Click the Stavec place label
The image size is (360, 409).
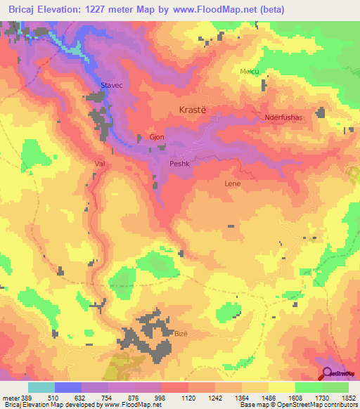click(112, 84)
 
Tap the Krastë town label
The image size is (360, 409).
click(192, 111)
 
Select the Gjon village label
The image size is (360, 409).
click(157, 137)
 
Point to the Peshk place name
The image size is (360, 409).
click(179, 164)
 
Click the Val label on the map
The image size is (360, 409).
click(99, 163)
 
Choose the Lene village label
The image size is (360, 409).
click(232, 183)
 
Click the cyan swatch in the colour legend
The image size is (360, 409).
click(41, 387)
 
